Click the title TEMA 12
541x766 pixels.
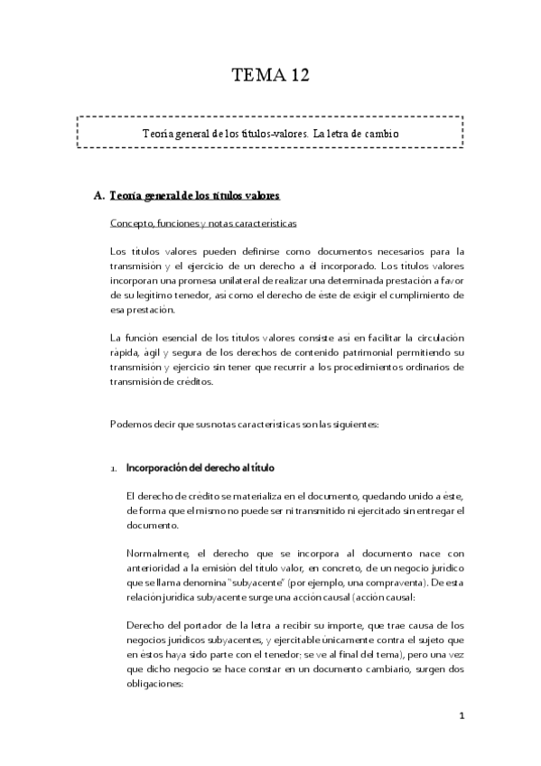[270, 77]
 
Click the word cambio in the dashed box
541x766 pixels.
[378, 134]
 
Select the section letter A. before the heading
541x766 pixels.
[99, 195]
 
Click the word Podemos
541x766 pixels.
[132, 424]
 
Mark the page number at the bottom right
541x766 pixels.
[461, 716]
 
